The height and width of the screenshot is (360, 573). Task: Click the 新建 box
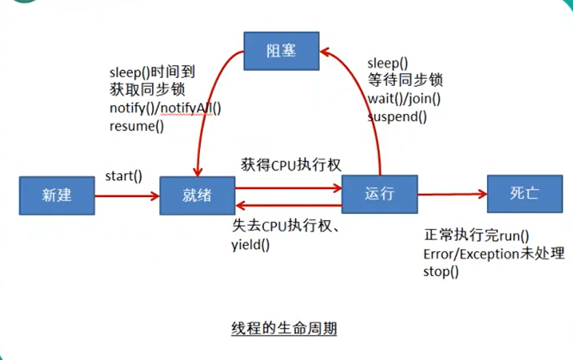click(x=57, y=196)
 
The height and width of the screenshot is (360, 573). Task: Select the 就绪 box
click(x=196, y=196)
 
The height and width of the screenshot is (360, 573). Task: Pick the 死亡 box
click(x=524, y=194)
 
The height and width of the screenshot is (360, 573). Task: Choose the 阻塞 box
click(x=282, y=50)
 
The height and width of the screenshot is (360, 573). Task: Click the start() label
click(x=124, y=178)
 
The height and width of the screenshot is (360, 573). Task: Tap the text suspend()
click(x=397, y=116)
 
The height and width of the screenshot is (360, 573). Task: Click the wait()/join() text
click(x=404, y=99)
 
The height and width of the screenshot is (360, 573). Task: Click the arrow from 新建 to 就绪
click(x=127, y=196)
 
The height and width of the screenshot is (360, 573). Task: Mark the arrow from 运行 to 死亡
click(x=452, y=195)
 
